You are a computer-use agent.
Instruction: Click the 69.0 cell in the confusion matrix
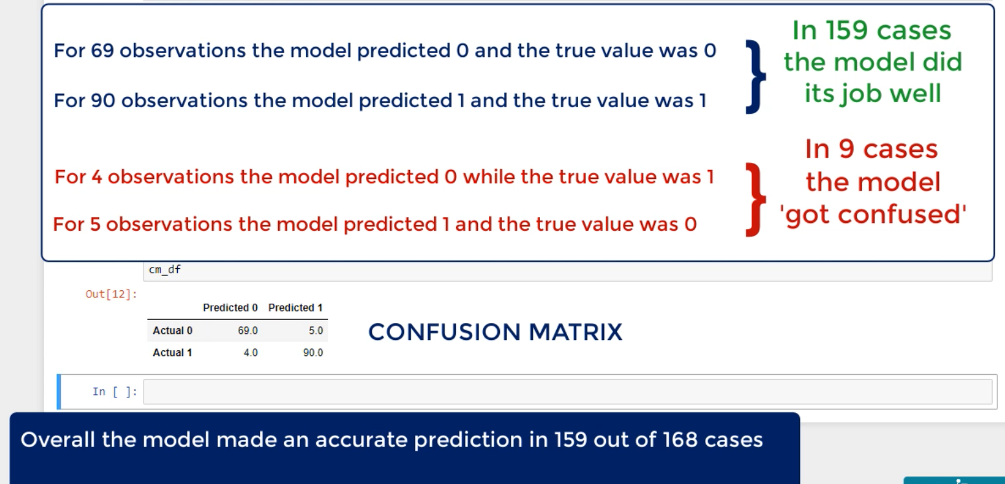(248, 331)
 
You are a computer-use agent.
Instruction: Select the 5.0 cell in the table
(316, 331)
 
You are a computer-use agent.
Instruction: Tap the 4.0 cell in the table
(251, 353)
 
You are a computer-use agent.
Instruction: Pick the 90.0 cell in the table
(313, 353)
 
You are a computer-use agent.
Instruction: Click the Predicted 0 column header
(230, 308)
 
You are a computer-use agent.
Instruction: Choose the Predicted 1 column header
(295, 308)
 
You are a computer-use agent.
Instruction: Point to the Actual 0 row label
(172, 331)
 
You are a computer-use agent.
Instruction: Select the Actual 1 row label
(172, 353)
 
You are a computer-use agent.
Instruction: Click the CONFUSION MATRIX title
(495, 332)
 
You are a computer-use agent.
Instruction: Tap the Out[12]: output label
(111, 294)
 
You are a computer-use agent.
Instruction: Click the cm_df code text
(165, 269)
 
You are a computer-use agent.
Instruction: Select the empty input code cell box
(568, 392)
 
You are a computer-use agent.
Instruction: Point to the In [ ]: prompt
(114, 392)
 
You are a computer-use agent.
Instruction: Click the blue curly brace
(755, 76)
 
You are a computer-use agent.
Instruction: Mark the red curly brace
(755, 199)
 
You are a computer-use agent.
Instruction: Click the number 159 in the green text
(847, 30)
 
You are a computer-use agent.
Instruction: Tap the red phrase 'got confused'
(872, 215)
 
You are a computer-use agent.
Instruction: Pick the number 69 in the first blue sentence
(102, 50)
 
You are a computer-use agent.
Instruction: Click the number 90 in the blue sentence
(103, 100)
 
